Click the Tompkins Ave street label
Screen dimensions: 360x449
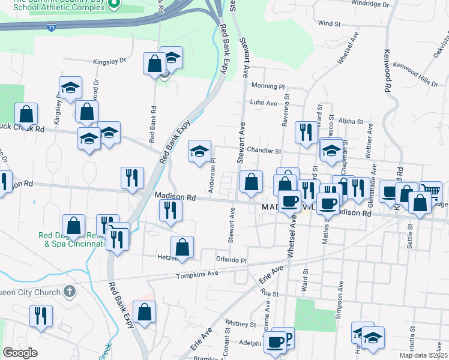(x=197, y=275)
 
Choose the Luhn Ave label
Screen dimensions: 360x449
(x=264, y=103)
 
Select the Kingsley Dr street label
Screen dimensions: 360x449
(x=109, y=61)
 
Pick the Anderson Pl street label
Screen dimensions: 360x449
(x=212, y=176)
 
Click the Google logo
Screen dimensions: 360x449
(x=20, y=353)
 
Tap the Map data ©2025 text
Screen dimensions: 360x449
(x=422, y=355)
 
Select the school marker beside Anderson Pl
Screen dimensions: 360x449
(x=200, y=151)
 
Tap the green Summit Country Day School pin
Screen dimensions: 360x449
(x=116, y=5)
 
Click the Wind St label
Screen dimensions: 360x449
(x=330, y=23)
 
